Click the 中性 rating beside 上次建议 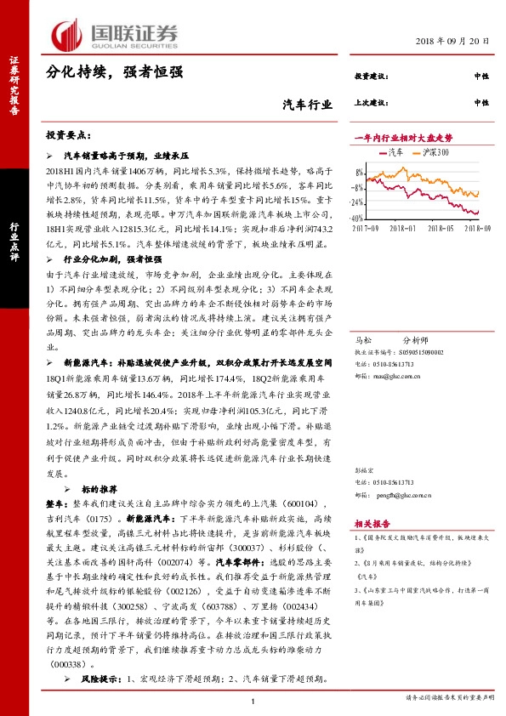(481, 102)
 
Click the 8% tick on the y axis (361, 172)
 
